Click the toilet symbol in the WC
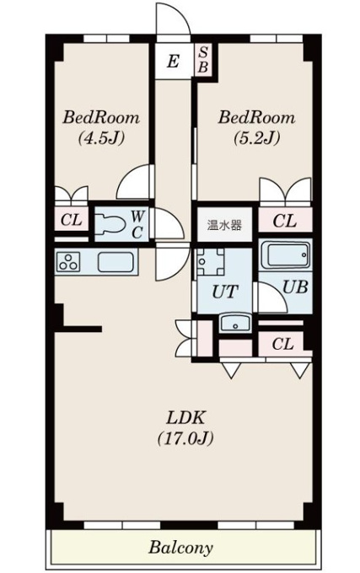click(x=110, y=224)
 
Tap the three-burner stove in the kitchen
click(x=68, y=262)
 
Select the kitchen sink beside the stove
click(x=116, y=262)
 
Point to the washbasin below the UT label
click(x=235, y=323)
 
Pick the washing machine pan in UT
click(x=210, y=262)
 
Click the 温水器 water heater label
click(x=224, y=225)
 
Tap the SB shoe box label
click(x=203, y=60)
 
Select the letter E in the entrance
click(x=173, y=61)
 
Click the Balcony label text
click(x=180, y=548)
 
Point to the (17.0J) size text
click(x=185, y=438)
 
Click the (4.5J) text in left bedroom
click(x=101, y=137)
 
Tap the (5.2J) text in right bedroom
click(x=257, y=137)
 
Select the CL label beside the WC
click(x=72, y=220)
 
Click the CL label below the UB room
click(x=283, y=344)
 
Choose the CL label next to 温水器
click(x=285, y=221)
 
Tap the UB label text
click(x=295, y=287)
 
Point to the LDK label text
click(x=185, y=417)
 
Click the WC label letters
click(x=137, y=224)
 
